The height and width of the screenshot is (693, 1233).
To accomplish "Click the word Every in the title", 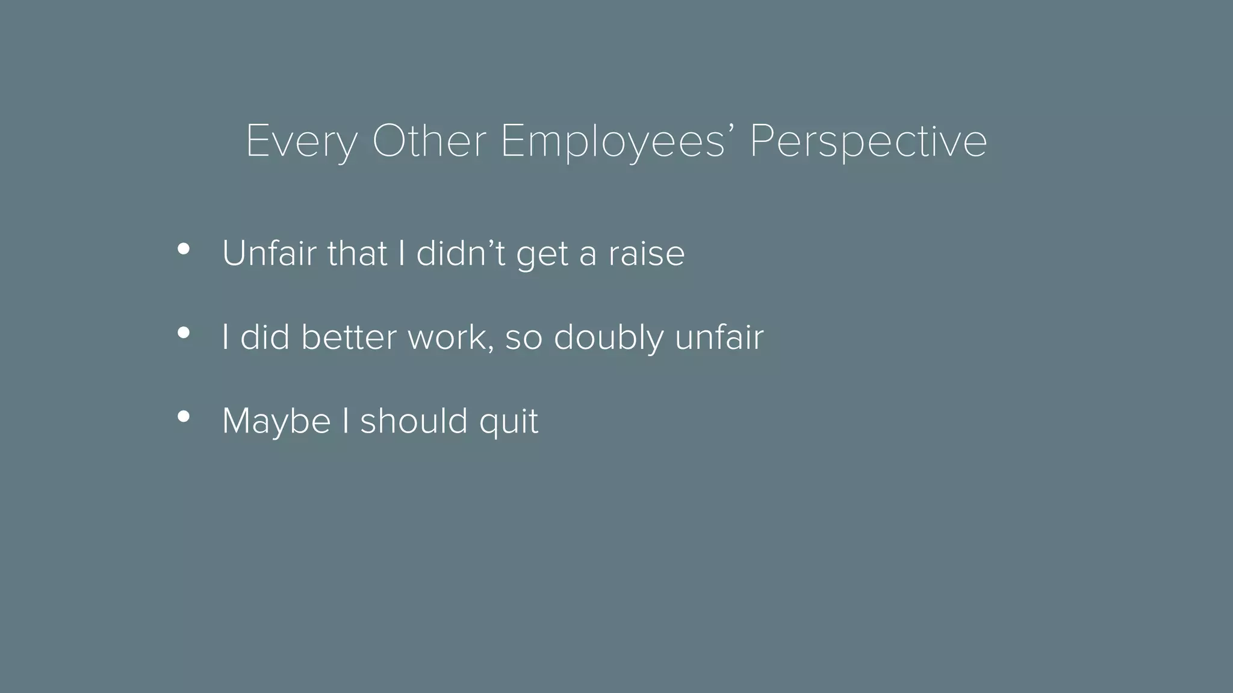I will [x=301, y=141].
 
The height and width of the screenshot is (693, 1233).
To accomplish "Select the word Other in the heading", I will [x=429, y=141].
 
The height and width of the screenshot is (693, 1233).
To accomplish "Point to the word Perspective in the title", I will [x=868, y=141].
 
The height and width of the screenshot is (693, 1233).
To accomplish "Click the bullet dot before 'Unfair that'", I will [x=184, y=248].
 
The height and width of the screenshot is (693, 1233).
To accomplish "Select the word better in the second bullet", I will [x=350, y=337].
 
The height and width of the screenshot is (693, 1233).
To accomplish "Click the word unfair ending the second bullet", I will [x=719, y=337].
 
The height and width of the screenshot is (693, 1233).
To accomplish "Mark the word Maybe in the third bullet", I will [x=276, y=420].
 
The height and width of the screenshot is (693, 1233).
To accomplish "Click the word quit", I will [x=509, y=420].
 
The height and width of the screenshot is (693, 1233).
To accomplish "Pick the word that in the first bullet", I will [x=357, y=253].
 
